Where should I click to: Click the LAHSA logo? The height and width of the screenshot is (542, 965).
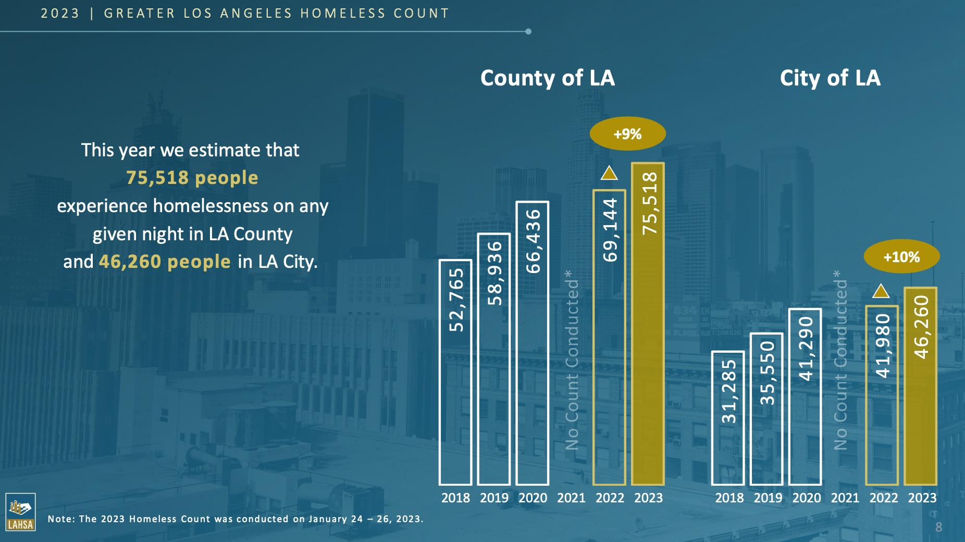click(20, 512)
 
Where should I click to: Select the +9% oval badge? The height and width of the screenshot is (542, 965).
click(627, 134)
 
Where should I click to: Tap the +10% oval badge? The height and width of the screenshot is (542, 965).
click(901, 256)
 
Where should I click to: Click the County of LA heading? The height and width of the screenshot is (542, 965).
click(547, 78)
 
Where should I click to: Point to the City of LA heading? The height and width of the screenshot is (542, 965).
click(830, 78)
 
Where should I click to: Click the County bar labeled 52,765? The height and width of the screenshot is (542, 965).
click(455, 372)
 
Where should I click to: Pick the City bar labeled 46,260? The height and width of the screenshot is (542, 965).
click(921, 386)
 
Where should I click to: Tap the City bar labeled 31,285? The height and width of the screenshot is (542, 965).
click(728, 418)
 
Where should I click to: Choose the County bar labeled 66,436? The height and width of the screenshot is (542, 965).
click(533, 343)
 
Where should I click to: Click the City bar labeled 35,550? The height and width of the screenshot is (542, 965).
click(766, 409)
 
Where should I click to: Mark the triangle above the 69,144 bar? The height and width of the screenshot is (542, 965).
click(609, 173)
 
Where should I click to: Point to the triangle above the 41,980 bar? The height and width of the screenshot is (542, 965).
click(881, 291)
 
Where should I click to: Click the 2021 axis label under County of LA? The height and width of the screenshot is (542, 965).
click(571, 498)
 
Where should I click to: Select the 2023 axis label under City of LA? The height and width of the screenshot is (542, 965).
click(922, 498)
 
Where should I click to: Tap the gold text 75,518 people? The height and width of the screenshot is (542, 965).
click(192, 178)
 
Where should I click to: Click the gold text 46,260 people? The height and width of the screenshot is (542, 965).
click(165, 261)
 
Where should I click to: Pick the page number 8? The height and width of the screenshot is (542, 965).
click(938, 527)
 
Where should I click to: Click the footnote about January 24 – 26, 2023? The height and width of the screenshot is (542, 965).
click(236, 519)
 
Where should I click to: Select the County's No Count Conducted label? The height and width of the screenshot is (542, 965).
click(572, 360)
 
